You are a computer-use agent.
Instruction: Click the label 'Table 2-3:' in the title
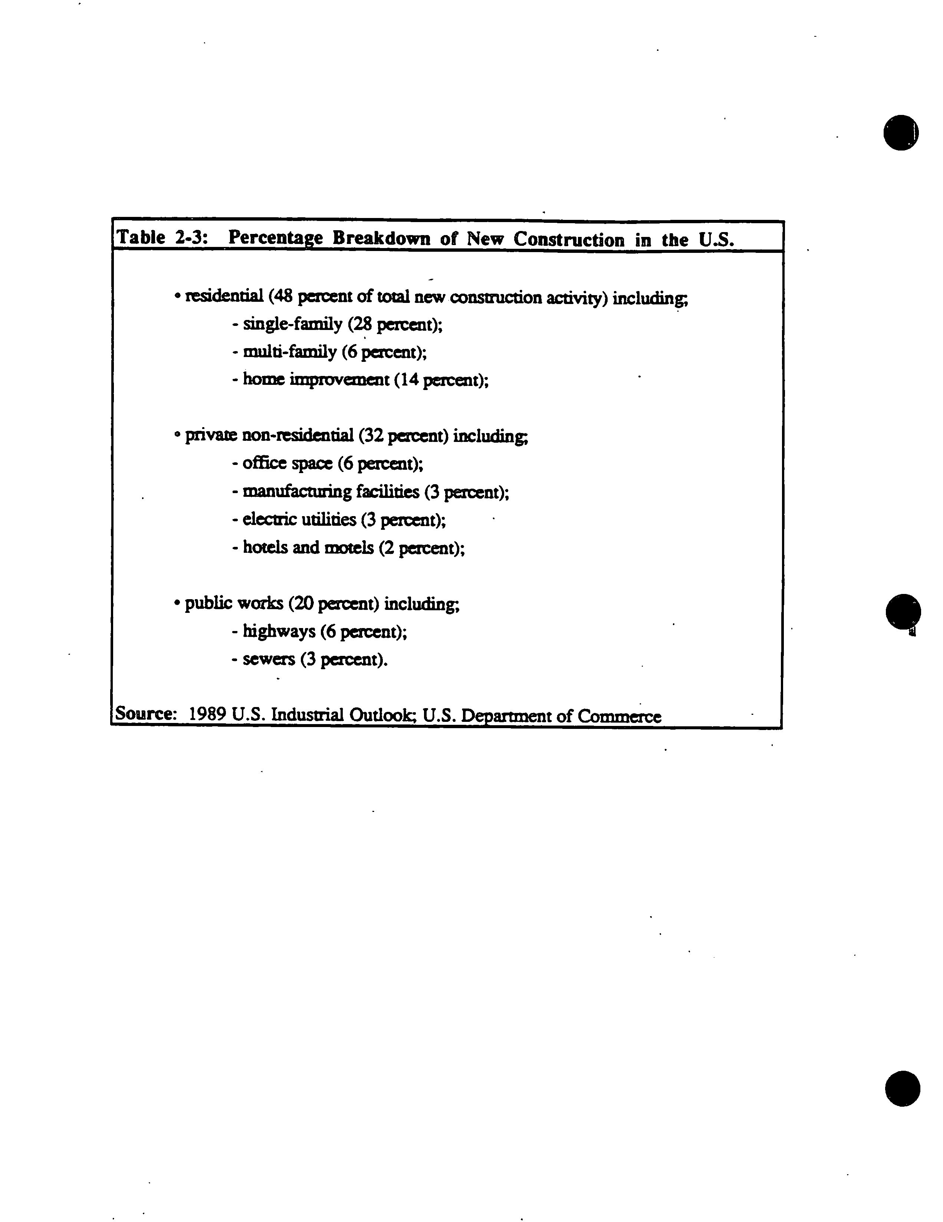162,237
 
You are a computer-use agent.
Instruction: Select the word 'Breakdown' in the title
381,238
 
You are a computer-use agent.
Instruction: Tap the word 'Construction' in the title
568,240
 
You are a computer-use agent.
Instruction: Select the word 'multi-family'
289,352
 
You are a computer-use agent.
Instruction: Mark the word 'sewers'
269,660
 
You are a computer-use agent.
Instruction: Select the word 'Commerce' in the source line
620,716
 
